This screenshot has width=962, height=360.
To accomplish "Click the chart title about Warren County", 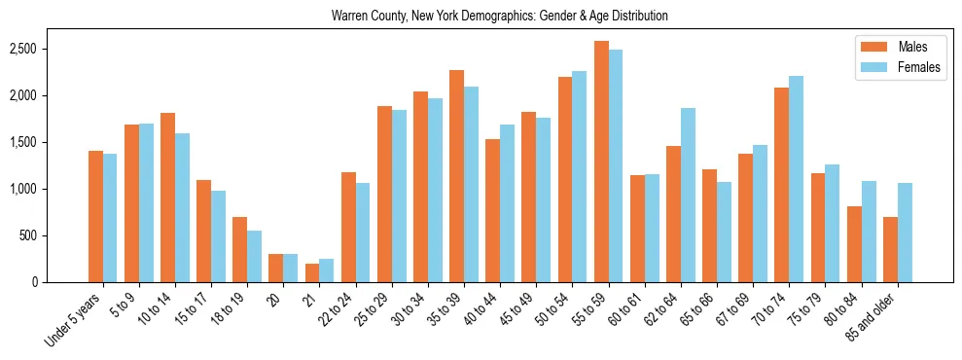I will pos(499,17).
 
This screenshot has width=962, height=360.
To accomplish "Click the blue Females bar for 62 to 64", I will pos(688,196).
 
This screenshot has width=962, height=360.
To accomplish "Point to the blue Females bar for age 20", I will pos(290,269).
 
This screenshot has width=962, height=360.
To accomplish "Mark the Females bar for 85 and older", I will pos(905,233).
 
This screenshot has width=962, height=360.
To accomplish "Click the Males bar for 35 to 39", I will pos(456,176).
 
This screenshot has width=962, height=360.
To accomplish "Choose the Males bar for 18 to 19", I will pos(239,250).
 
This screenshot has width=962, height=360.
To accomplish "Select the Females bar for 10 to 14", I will pos(182,208).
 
